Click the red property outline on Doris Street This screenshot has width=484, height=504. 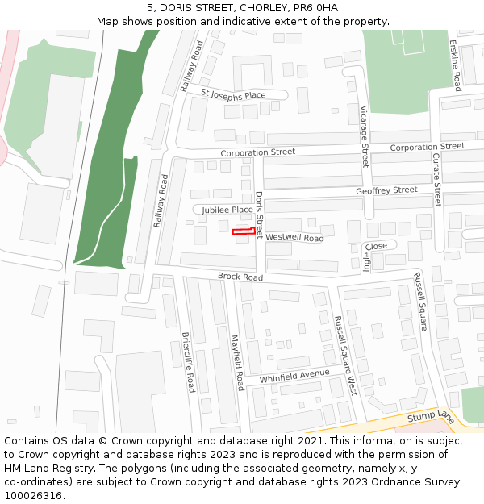(244, 231)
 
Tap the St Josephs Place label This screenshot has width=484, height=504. (233, 95)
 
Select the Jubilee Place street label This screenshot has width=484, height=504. (227, 210)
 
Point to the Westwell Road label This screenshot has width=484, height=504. (294, 238)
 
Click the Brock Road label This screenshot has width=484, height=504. (240, 277)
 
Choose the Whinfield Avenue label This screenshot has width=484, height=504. (294, 376)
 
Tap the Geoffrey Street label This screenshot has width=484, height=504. (386, 190)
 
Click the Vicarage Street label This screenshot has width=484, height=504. (364, 135)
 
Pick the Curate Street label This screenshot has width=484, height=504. (436, 180)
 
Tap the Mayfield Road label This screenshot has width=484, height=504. (236, 363)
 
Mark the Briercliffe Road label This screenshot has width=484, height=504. (188, 362)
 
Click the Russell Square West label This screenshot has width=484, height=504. (344, 355)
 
